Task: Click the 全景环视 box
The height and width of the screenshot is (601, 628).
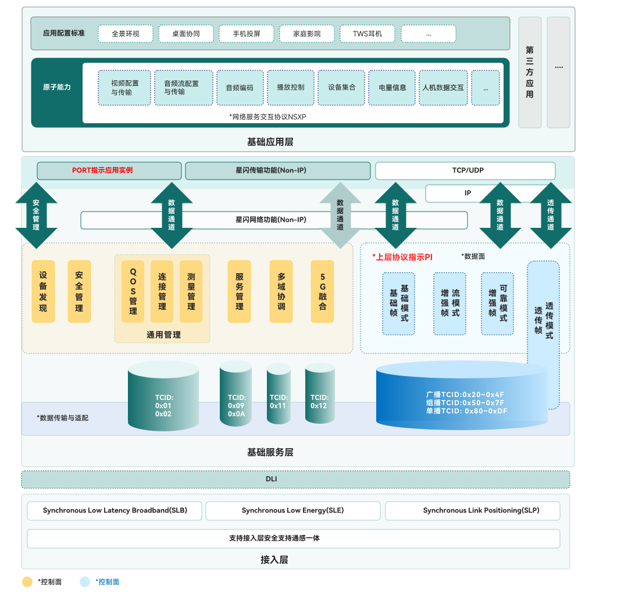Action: tap(126, 34)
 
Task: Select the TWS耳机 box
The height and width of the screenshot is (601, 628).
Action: tap(367, 34)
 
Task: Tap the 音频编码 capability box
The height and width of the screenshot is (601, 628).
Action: tap(240, 88)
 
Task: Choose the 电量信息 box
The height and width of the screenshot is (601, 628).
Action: tap(392, 88)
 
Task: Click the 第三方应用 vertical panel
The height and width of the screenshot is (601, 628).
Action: tap(529, 72)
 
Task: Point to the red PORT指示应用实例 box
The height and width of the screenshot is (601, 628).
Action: tap(109, 171)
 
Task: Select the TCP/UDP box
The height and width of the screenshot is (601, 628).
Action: tap(465, 171)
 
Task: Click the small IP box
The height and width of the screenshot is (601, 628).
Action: tap(468, 193)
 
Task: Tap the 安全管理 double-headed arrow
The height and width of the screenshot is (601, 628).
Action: tap(36, 216)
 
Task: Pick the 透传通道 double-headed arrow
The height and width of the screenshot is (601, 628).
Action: tap(551, 216)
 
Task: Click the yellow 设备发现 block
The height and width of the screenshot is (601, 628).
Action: tap(43, 291)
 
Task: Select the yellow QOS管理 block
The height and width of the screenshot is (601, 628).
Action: tap(133, 291)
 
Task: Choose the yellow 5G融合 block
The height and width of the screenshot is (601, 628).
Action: tap(323, 291)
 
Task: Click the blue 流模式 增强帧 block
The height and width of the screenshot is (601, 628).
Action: tap(449, 303)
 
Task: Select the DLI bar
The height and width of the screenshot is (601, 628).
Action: tap(295, 480)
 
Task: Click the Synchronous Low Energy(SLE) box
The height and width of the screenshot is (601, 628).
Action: tap(292, 511)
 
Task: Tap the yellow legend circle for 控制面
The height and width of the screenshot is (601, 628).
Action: tap(27, 582)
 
